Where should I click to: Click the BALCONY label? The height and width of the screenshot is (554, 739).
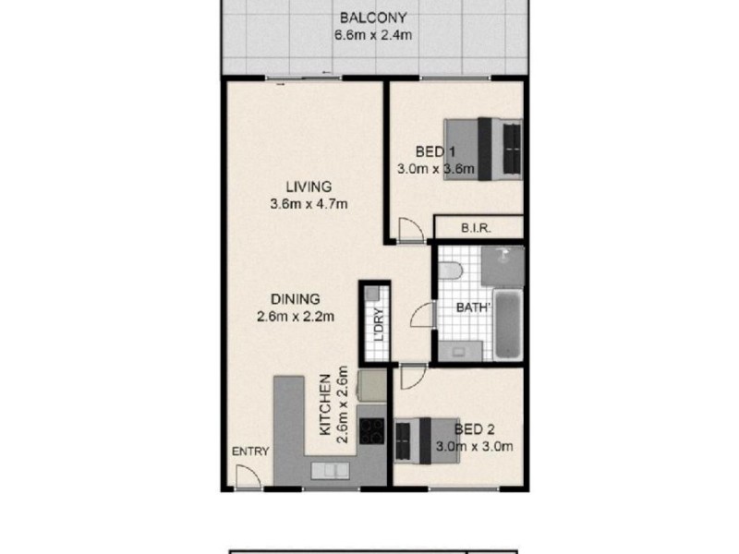(x=373, y=18)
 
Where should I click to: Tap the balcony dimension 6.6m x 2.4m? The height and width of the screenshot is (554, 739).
(x=373, y=36)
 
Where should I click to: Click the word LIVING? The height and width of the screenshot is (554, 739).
(x=308, y=187)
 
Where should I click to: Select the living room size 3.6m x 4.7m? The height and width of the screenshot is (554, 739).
(x=308, y=204)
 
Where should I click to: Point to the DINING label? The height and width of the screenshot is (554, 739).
(x=295, y=299)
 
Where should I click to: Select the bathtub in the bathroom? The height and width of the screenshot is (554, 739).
(x=508, y=324)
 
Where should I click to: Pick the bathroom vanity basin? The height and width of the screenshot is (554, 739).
(x=460, y=349)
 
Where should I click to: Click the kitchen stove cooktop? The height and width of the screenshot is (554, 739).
(x=371, y=429)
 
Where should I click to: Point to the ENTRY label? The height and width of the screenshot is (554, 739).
(x=250, y=452)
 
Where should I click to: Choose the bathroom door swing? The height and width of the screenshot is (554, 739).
(x=422, y=314)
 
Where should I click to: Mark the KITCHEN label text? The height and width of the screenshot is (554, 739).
(x=325, y=406)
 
